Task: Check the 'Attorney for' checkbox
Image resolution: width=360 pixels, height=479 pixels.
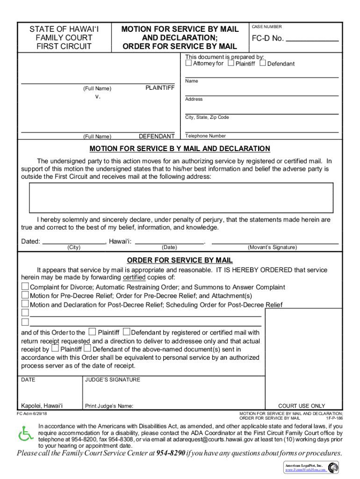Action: coord(189,63)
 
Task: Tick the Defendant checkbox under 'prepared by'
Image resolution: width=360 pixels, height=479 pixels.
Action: coord(263,63)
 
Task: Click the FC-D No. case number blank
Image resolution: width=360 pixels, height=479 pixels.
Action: coord(312,39)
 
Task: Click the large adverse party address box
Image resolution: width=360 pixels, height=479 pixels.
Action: coord(181,198)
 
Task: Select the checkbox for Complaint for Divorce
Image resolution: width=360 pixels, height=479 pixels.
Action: coord(25,287)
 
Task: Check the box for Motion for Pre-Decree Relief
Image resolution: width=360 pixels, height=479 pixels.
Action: coord(25,296)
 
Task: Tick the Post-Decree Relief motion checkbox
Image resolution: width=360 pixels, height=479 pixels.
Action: coord(25,305)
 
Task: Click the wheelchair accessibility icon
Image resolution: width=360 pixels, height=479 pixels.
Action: coord(26,434)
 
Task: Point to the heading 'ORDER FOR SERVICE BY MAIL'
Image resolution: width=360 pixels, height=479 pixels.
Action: coord(180,261)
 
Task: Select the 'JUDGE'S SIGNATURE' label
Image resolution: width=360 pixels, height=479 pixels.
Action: coord(113,380)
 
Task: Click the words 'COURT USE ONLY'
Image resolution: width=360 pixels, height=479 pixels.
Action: coord(302,406)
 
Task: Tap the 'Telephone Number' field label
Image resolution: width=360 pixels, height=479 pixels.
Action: coord(205,136)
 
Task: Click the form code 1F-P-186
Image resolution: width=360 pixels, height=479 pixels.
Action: coord(334,418)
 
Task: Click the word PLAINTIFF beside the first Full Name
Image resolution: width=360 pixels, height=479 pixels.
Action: coord(160,88)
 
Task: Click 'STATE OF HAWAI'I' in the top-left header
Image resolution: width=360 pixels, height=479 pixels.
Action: coord(64,29)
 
